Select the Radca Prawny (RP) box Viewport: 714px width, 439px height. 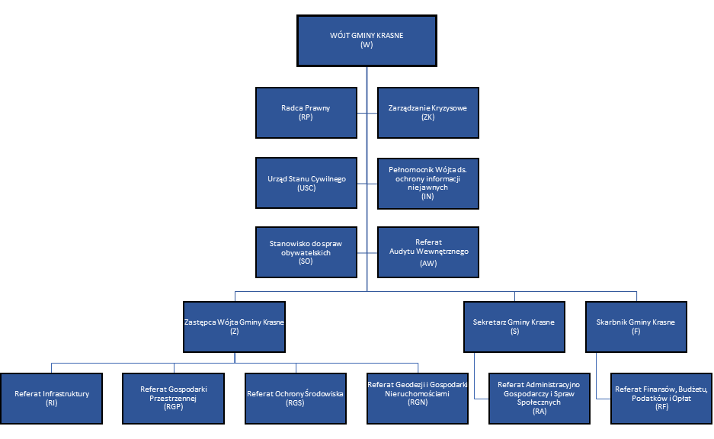(306, 113)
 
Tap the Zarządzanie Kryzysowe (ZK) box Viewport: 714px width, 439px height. (428, 113)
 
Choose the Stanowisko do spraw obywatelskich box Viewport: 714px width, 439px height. (306, 252)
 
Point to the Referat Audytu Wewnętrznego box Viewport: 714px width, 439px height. (428, 252)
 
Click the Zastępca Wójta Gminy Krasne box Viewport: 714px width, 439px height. (234, 326)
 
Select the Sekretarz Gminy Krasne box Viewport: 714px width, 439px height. (514, 326)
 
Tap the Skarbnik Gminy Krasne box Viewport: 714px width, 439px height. (636, 326)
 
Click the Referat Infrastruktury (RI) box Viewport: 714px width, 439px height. (52, 398)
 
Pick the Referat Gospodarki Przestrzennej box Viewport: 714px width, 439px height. (174, 398)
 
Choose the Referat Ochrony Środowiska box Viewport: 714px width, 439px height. (296, 398)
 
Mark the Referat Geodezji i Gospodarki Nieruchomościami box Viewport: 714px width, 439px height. (417, 398)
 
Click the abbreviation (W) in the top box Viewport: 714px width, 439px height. (367, 46)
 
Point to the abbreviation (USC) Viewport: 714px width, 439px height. (306, 188)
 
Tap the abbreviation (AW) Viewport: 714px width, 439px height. (428, 263)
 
